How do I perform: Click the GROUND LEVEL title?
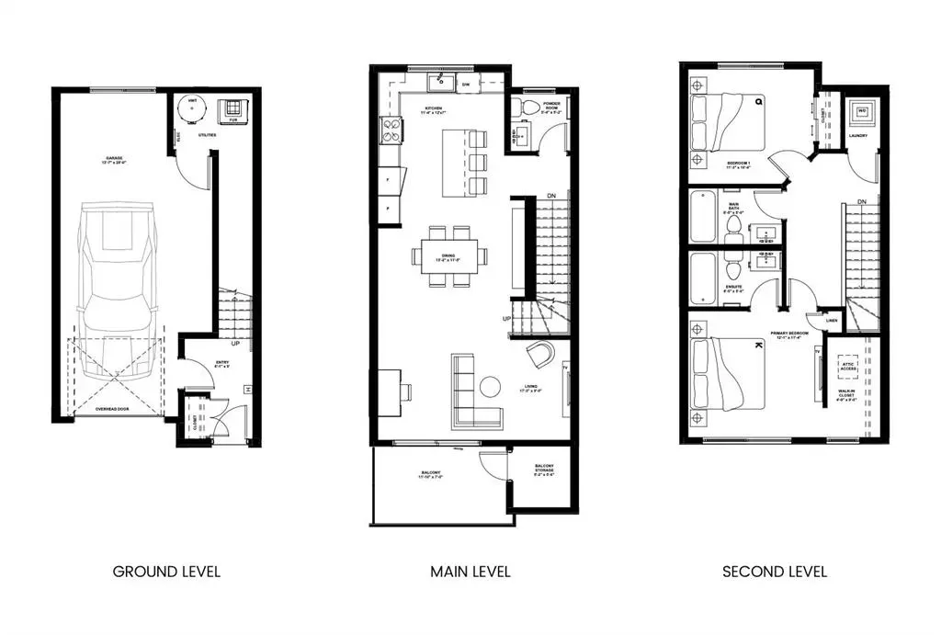166,572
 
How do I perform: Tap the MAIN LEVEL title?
470,572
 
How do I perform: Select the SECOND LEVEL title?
775,572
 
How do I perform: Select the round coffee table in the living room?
490,387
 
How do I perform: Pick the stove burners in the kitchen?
391,132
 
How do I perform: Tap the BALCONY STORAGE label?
544,471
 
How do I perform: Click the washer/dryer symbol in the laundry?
861,112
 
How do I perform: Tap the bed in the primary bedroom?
731,372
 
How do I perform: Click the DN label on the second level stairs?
861,202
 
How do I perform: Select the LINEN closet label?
832,320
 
